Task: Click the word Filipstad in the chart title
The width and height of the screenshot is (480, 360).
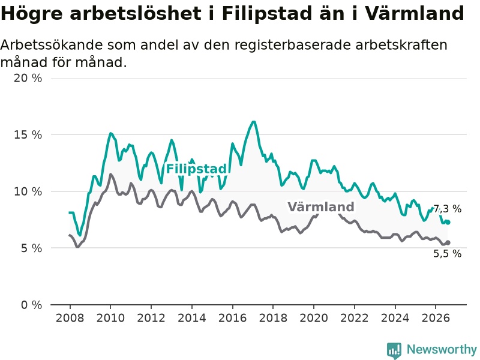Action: [x=266, y=14]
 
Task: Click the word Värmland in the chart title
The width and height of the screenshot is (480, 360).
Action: [x=415, y=13]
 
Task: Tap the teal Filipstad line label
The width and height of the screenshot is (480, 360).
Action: [x=196, y=169]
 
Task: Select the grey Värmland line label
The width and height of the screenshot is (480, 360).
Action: [x=321, y=207]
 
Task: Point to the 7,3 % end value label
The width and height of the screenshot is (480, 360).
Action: [x=448, y=209]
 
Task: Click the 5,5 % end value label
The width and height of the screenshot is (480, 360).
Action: [x=447, y=253]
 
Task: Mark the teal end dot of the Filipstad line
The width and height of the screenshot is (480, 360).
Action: [x=448, y=222]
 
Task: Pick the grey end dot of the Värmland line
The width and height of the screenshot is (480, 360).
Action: [x=448, y=242]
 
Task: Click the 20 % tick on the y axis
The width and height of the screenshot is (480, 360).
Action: [x=28, y=78]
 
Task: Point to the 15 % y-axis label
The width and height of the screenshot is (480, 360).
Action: [x=28, y=134]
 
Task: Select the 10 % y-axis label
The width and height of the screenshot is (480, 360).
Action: [x=28, y=191]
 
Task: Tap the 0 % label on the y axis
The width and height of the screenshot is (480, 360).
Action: [x=32, y=305]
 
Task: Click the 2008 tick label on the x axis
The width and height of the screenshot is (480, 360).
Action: [x=70, y=318]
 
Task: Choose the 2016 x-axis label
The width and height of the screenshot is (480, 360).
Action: [x=232, y=318]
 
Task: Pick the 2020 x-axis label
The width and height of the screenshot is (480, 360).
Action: [x=314, y=318]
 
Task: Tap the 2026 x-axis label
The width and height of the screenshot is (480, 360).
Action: [x=436, y=318]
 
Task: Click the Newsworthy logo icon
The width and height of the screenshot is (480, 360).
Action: [x=394, y=350]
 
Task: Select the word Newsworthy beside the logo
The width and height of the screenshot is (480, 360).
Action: [x=442, y=349]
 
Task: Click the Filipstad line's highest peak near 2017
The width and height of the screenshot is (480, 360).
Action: [x=253, y=122]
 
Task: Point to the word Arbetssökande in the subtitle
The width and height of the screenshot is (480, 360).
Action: [x=52, y=45]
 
